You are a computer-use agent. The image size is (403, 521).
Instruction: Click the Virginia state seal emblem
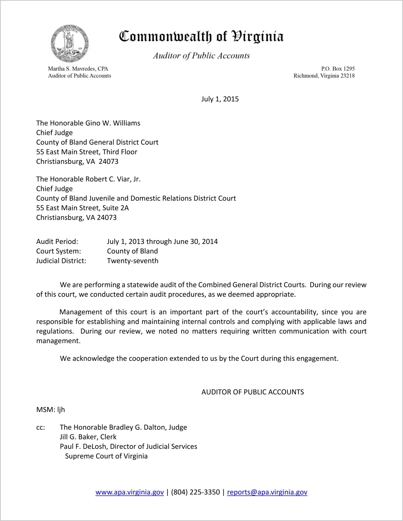[70, 43]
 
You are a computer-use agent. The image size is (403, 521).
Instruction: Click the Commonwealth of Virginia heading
[201, 36]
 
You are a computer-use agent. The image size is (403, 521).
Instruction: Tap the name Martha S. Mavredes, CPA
[78, 69]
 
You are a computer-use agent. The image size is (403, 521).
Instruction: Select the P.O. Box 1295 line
[338, 69]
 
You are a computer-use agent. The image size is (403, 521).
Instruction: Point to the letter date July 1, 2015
[220, 99]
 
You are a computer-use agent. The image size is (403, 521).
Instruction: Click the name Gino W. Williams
[113, 123]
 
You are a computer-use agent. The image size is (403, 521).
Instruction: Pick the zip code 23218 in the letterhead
[347, 76]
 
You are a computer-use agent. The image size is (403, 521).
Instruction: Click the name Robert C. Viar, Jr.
[113, 179]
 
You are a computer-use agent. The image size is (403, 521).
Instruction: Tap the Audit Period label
[57, 241]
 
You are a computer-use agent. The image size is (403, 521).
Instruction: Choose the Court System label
[59, 251]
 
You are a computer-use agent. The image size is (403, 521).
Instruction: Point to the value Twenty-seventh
[133, 261]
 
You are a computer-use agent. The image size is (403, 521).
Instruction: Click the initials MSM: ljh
[51, 410]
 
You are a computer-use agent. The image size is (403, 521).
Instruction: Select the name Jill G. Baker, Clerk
[88, 437]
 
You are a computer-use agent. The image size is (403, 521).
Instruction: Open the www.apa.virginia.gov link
[130, 492]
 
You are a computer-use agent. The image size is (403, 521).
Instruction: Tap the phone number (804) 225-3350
[196, 492]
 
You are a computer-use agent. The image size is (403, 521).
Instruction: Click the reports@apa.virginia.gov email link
[267, 492]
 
